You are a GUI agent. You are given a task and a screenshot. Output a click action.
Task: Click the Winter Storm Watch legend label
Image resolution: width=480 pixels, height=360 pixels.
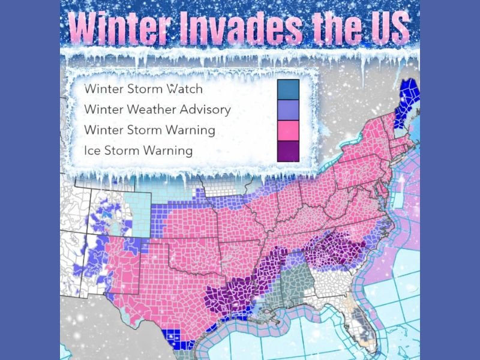pyautogui.click(x=143, y=89)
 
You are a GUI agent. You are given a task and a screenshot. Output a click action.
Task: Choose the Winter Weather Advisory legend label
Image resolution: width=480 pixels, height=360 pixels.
pyautogui.click(x=157, y=109)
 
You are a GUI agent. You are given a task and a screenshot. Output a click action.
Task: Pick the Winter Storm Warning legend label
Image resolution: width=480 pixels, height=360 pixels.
pyautogui.click(x=150, y=130)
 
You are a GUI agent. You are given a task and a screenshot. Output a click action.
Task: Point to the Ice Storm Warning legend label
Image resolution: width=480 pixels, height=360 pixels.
pyautogui.click(x=139, y=150)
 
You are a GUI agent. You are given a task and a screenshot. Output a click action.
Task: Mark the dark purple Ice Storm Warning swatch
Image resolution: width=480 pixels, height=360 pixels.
pyautogui.click(x=288, y=150)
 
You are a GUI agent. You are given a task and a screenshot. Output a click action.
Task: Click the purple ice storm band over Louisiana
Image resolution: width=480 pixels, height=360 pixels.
pyautogui.click(x=228, y=297)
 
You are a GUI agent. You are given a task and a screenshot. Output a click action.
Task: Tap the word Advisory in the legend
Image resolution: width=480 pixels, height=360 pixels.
pyautogui.click(x=204, y=109)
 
